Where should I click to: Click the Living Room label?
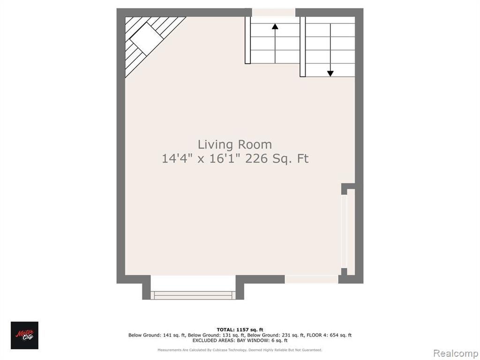click(235, 144)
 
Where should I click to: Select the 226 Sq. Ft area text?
click(277, 158)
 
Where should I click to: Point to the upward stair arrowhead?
click(275, 26)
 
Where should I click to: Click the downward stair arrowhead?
click(330, 74)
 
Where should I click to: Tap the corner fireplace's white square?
click(147, 38)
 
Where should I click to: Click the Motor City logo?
click(24, 335)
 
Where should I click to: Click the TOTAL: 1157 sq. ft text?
click(240, 330)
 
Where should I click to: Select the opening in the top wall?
click(273, 13)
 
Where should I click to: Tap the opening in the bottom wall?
click(312, 279)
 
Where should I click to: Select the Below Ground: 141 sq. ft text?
click(157, 335)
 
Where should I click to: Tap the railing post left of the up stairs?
click(247, 40)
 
